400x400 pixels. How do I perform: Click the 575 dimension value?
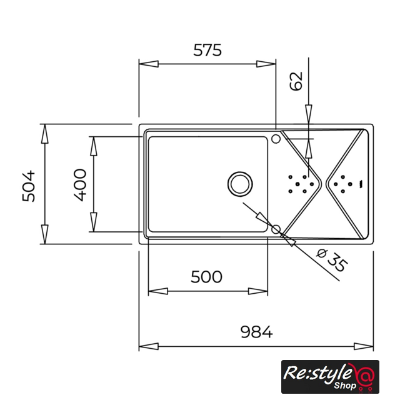click(x=207, y=50)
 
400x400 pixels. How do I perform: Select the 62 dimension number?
click(x=296, y=81)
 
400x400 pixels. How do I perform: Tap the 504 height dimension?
click(x=28, y=186)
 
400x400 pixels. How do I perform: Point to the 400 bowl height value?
click(x=80, y=185)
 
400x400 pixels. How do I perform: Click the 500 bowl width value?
click(x=206, y=277)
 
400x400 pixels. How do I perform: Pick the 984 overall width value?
click(x=257, y=332)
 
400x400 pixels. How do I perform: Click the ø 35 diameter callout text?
click(x=332, y=261)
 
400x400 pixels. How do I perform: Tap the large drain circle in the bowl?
click(x=240, y=184)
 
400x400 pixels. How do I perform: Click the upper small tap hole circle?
click(x=276, y=139)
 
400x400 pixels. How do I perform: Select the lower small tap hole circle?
click(x=276, y=229)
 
